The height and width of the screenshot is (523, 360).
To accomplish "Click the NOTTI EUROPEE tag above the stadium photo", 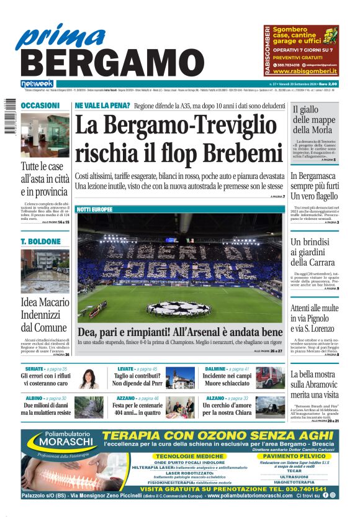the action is click(95, 210).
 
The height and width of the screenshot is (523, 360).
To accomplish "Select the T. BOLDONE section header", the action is click(40, 241).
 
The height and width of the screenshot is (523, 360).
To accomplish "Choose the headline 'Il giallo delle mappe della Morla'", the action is click(313, 120).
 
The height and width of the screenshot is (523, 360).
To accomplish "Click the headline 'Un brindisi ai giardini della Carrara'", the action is click(315, 252).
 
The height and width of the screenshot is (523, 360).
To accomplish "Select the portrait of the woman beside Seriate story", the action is click(89, 378).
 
